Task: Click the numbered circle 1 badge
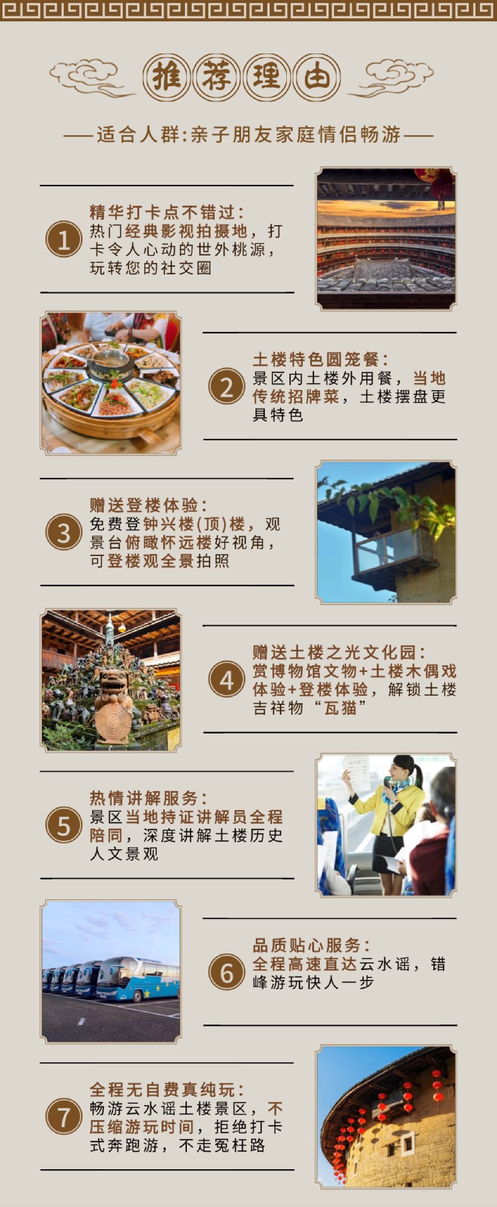pyautogui.click(x=64, y=239)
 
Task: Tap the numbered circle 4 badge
pyautogui.click(x=227, y=679)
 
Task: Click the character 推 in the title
pyautogui.click(x=166, y=77)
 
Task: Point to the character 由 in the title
pyautogui.click(x=317, y=77)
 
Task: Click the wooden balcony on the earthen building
pyautogui.click(x=390, y=552)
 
